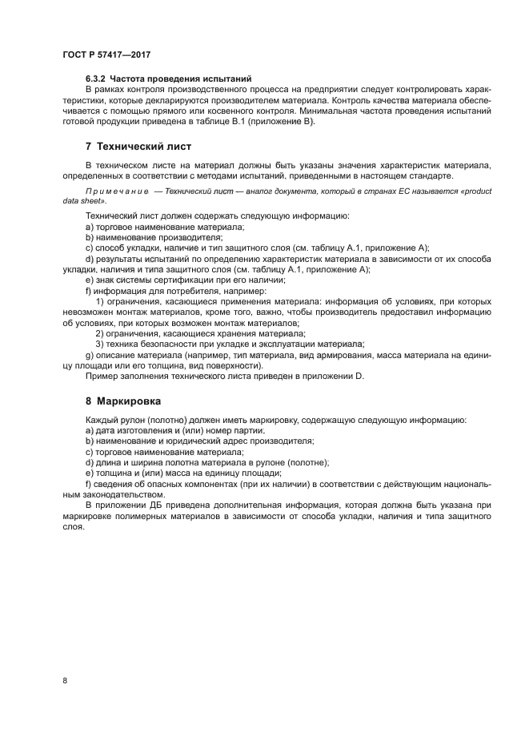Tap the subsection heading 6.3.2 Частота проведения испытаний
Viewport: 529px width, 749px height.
click(x=168, y=78)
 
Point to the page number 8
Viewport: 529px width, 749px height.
click(x=65, y=680)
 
